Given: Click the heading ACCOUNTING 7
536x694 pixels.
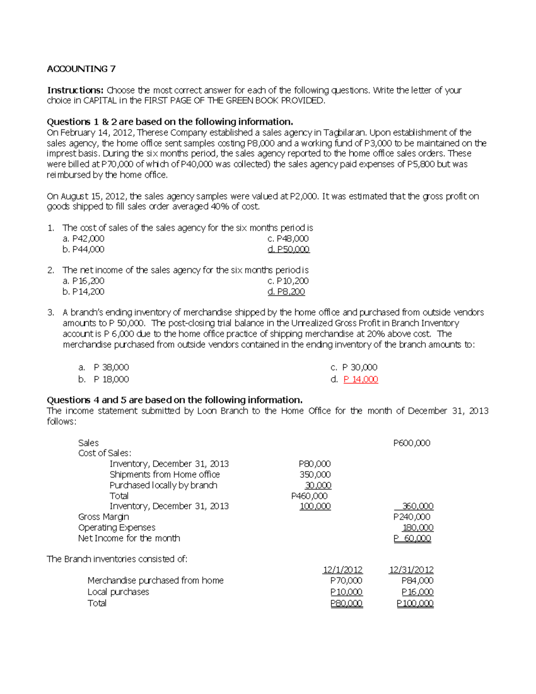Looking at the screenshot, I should click(81, 69).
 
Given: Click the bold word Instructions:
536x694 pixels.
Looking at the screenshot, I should click(75, 90).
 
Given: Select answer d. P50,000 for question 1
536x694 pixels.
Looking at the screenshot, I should click(289, 249).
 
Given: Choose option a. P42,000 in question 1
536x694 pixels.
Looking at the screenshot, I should click(84, 239).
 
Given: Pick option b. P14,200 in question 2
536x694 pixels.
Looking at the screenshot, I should click(84, 292).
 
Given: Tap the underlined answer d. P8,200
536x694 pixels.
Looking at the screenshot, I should click(286, 292).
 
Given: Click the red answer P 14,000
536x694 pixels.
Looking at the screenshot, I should click(360, 379).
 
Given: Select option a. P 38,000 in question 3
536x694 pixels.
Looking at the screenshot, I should click(104, 367).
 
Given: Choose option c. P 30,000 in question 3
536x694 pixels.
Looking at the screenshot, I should click(354, 367).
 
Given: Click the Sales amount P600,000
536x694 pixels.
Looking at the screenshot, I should click(411, 443).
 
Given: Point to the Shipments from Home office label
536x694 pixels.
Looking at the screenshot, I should click(164, 475).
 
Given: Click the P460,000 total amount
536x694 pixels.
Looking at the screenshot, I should click(309, 496).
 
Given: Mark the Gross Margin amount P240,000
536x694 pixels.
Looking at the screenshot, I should click(411, 517).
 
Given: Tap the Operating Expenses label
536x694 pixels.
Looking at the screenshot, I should click(117, 528).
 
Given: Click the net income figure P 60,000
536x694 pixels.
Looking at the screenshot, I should click(412, 538).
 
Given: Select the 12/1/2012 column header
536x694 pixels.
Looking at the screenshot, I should click(343, 570).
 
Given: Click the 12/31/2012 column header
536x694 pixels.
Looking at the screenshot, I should click(411, 570).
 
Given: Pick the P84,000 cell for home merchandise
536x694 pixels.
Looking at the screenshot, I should click(417, 580).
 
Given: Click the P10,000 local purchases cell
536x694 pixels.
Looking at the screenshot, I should click(346, 592).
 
